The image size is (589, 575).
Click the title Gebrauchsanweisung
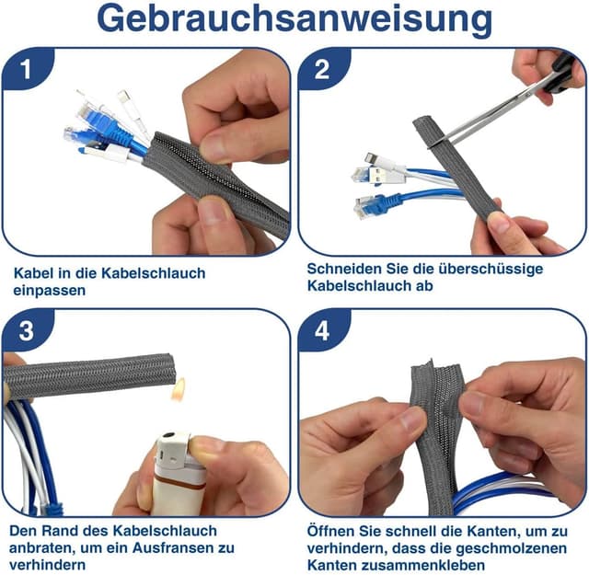[294, 19]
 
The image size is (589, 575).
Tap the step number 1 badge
[27, 70]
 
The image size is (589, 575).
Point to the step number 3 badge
[27, 331]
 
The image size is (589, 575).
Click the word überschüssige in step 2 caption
[496, 269]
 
